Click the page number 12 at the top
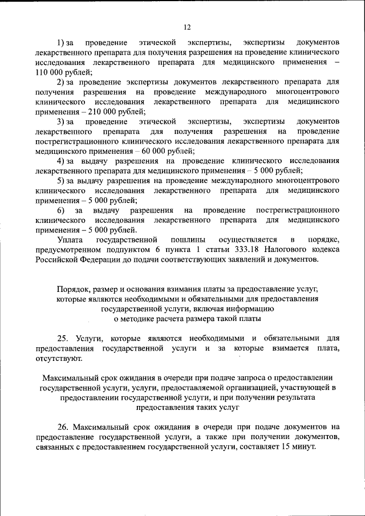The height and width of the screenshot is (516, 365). click(186, 27)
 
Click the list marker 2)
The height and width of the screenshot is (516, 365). click(62, 82)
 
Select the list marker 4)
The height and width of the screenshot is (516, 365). click(62, 161)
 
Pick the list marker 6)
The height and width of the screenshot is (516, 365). click(62, 210)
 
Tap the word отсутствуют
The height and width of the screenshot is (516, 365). click(58, 359)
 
